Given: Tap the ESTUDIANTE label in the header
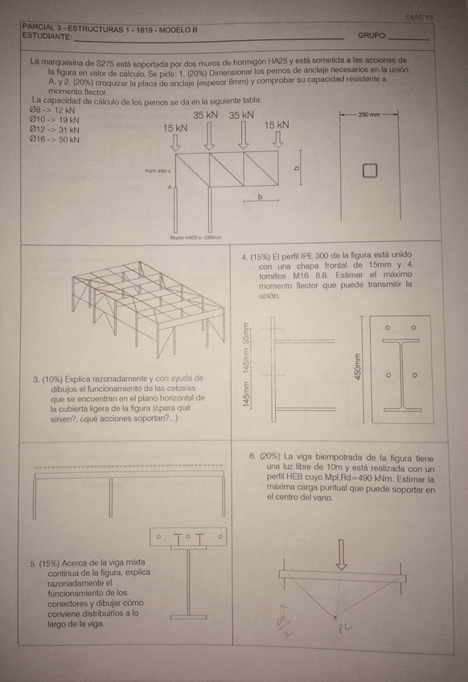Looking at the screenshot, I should [47, 37].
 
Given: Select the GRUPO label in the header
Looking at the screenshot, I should [372, 36].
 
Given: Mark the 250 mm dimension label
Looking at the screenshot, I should [369, 115].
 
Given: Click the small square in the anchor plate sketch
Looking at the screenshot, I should [369, 170].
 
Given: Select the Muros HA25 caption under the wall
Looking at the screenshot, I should [195, 237].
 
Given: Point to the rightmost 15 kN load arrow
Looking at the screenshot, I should [278, 138].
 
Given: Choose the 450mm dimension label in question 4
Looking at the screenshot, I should [359, 368].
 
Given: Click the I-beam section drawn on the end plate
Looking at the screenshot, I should [400, 374].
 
